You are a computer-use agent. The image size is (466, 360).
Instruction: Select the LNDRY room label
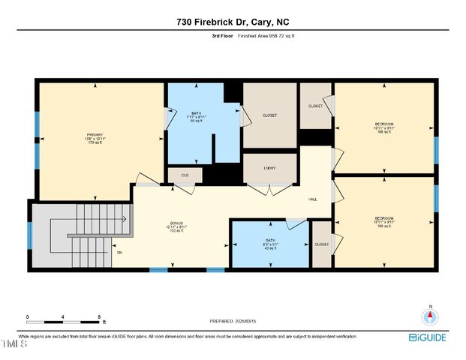[x=269, y=169]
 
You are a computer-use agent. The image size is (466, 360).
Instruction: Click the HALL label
[x=313, y=199]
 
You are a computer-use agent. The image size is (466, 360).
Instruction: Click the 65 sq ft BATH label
[x=195, y=117]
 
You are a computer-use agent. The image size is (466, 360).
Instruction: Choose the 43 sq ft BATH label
[x=270, y=244]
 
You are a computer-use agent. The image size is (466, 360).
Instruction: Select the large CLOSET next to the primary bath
[x=270, y=115]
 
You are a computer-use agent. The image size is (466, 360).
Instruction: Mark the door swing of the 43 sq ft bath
[x=296, y=223]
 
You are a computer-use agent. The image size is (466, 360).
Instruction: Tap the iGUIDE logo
[x=428, y=337]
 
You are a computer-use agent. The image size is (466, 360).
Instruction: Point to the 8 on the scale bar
[x=98, y=317]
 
